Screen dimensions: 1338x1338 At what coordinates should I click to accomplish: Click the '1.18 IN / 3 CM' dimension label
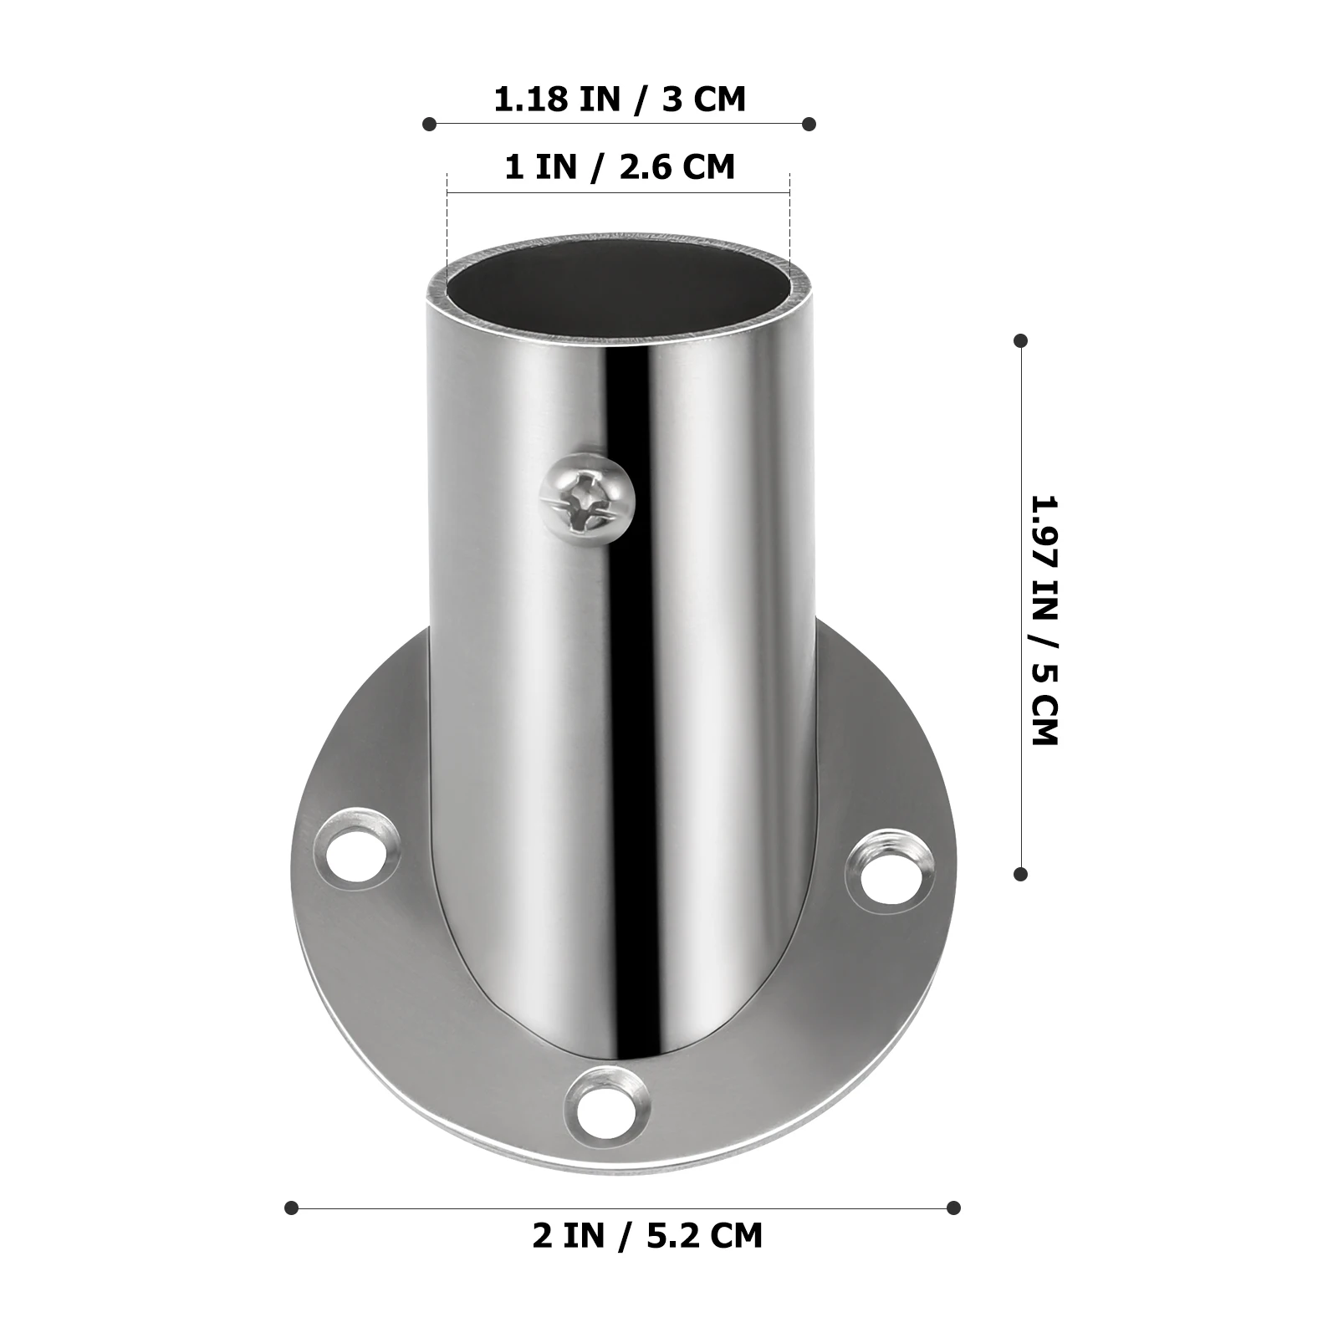[619, 100]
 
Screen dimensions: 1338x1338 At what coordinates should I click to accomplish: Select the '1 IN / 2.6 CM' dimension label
[619, 166]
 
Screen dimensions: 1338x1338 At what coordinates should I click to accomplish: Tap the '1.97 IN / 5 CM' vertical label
[1044, 620]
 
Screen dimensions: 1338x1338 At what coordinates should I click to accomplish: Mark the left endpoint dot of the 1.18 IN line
[429, 124]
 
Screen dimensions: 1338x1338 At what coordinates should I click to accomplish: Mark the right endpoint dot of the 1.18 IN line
[809, 124]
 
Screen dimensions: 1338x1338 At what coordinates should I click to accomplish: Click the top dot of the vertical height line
[1020, 340]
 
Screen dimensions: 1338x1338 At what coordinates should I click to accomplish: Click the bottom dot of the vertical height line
[1020, 874]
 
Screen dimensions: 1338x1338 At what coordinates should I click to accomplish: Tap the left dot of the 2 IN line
[291, 1208]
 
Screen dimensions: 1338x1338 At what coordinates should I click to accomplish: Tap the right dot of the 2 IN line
[953, 1208]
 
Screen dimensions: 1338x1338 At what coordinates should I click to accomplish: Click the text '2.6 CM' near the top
[677, 166]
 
